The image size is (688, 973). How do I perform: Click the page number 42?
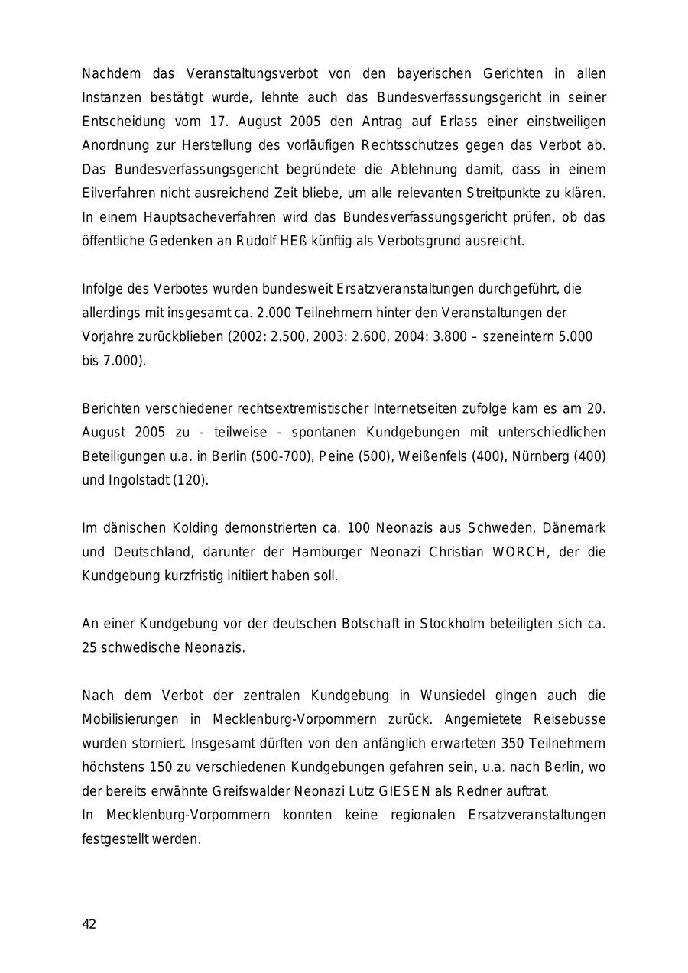pos(89,924)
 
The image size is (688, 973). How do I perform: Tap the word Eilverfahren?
pos(118,193)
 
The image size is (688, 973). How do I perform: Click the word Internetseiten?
pos(414,408)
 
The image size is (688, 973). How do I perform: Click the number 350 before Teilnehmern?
pos(512,743)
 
